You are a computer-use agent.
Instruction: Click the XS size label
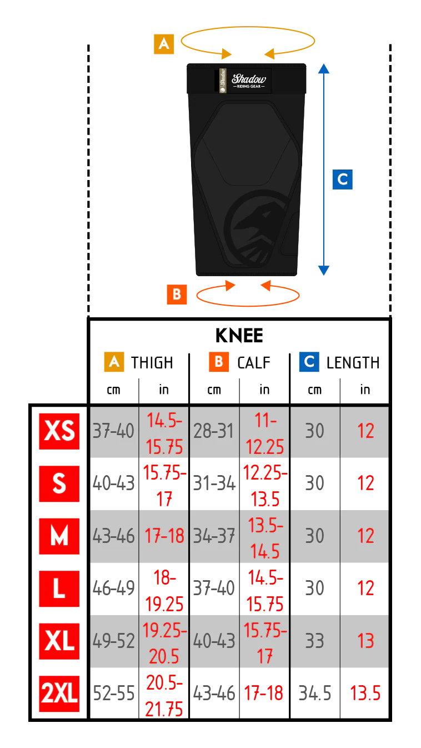[59, 431]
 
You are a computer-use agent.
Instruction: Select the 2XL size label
[59, 693]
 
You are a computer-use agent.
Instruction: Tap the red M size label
[59, 536]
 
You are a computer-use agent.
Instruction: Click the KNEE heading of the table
[239, 336]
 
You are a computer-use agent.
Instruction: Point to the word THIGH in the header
[152, 363]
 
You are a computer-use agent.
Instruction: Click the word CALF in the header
[254, 363]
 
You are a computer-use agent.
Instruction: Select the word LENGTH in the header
[353, 363]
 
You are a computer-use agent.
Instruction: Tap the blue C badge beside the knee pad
[343, 179]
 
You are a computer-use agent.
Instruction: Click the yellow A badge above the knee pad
[164, 44]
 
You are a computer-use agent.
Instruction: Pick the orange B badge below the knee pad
[177, 294]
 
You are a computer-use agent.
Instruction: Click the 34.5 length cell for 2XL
[314, 693]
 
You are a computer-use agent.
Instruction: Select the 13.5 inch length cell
[365, 693]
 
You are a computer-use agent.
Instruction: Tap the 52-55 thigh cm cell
[113, 693]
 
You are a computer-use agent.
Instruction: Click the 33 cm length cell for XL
[314, 641]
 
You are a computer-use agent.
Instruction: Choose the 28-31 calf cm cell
[214, 431]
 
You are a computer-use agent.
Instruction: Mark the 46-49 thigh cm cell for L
[113, 589]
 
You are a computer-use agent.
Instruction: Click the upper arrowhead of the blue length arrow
[324, 68]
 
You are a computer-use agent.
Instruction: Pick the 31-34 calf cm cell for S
[214, 483]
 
